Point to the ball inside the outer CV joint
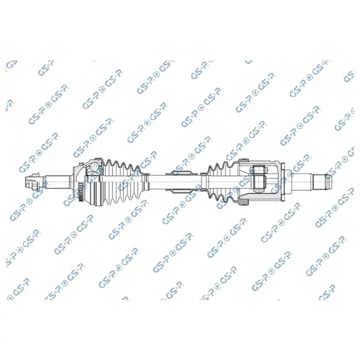click(94, 166)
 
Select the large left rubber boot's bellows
click(122, 181)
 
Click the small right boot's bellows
click(222, 181)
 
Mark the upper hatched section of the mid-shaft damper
click(181, 173)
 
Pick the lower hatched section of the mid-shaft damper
click(181, 191)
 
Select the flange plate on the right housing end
click(282, 181)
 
